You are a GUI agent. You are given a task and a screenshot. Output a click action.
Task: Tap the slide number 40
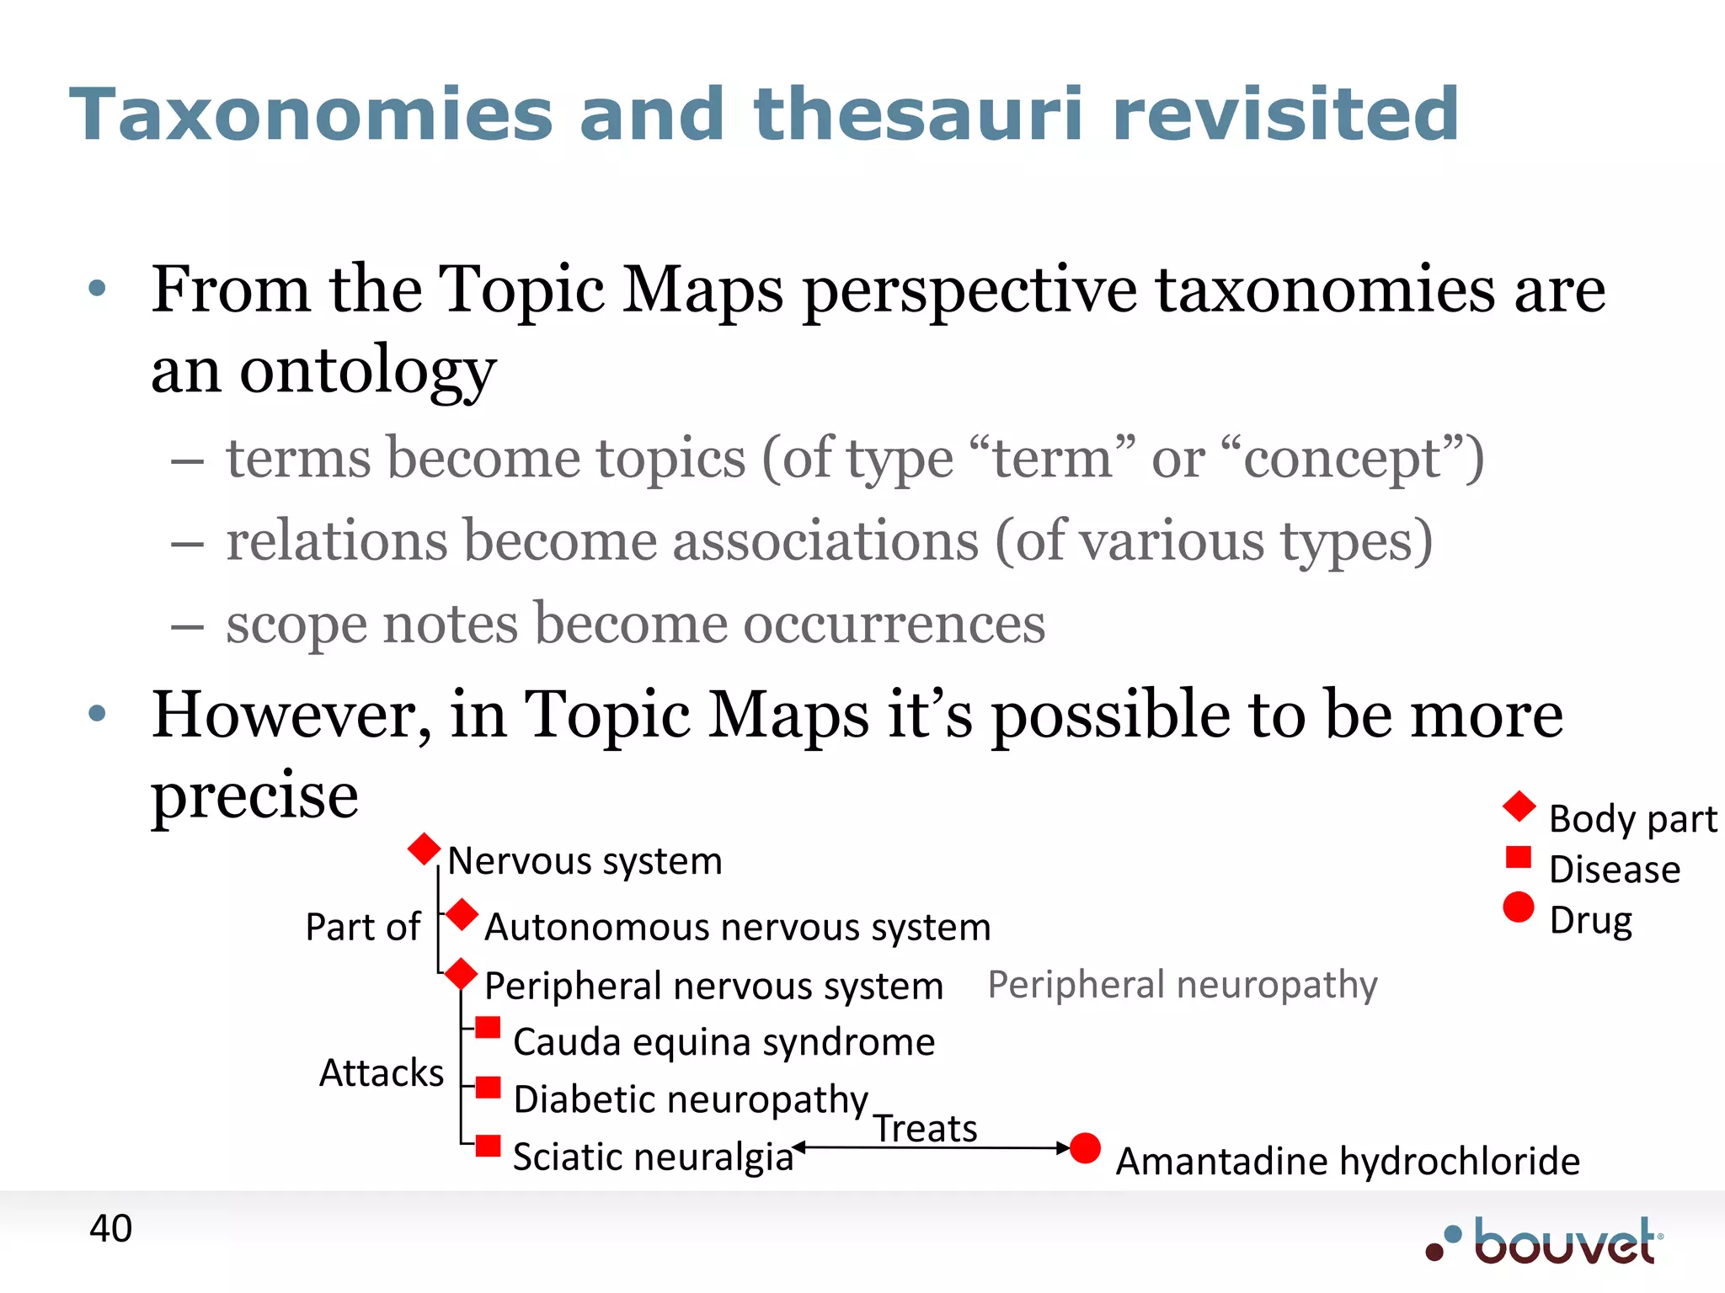(110, 1228)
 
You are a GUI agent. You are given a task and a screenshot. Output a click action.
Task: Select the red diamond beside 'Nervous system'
(425, 849)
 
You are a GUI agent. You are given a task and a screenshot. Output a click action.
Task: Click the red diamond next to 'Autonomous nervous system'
(462, 915)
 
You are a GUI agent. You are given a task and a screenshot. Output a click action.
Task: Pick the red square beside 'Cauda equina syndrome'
(488, 1028)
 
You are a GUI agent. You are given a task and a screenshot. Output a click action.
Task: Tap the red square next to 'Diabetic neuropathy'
(488, 1088)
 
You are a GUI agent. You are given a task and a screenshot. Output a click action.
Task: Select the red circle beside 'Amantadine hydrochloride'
(1085, 1148)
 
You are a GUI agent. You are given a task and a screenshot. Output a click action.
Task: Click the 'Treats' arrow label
(925, 1129)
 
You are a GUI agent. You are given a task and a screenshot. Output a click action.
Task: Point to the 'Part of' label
(363, 927)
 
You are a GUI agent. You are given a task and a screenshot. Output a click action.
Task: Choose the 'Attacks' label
(382, 1073)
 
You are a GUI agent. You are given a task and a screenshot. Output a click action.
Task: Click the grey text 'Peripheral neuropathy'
(1183, 984)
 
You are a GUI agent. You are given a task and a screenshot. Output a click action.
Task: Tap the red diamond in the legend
(1519, 806)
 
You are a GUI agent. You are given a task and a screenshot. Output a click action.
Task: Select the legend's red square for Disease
(1518, 857)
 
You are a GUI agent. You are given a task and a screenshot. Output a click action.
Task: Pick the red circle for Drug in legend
(1518, 907)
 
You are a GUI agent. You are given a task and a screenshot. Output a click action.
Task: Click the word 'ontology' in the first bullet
(367, 370)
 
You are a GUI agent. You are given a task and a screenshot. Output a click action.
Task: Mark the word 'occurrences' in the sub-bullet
(895, 624)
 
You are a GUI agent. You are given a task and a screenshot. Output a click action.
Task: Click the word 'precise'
(254, 795)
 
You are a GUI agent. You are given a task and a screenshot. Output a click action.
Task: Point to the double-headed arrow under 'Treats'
(932, 1147)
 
